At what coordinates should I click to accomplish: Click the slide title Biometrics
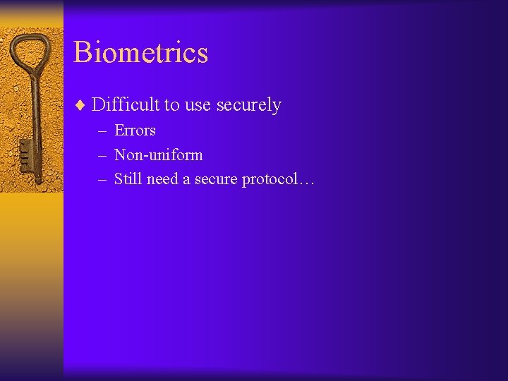click(140, 52)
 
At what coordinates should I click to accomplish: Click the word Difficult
click(126, 105)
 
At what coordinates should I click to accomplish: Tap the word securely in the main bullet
click(248, 105)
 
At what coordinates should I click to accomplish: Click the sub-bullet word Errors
click(135, 131)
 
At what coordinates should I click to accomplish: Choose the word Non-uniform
click(158, 155)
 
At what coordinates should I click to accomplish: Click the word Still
click(128, 179)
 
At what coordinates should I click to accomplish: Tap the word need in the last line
click(162, 179)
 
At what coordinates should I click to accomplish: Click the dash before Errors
click(102, 131)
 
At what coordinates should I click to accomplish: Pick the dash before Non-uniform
click(102, 156)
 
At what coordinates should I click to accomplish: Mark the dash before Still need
click(102, 180)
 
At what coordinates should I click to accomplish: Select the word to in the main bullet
click(171, 106)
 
